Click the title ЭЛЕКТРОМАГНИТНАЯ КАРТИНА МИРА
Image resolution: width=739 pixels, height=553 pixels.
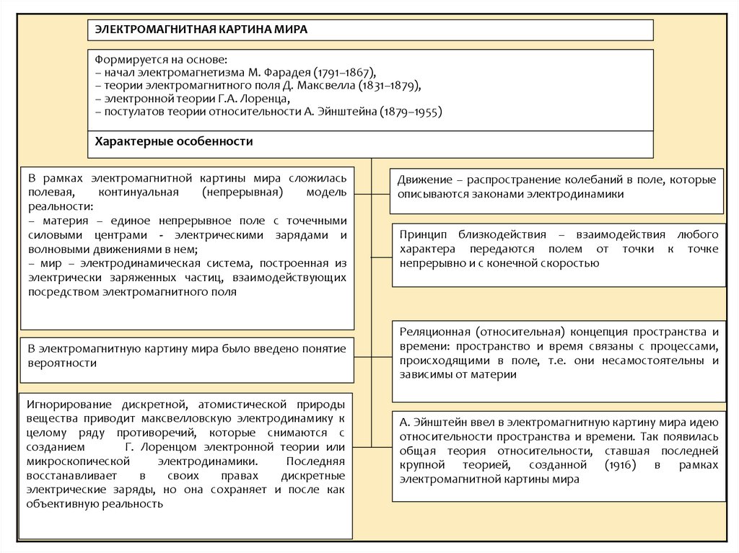pyautogui.click(x=198, y=30)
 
